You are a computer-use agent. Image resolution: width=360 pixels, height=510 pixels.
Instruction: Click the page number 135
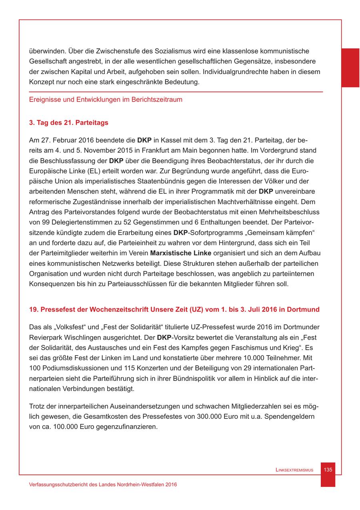point(328,470)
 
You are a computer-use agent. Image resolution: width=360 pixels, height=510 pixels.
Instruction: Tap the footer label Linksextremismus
point(294,470)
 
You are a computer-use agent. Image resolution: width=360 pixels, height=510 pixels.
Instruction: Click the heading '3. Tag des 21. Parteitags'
point(69,123)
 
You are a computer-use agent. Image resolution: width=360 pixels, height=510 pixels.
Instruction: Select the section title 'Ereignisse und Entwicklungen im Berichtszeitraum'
point(106,100)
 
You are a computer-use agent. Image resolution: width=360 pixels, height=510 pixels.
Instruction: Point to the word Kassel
point(164,140)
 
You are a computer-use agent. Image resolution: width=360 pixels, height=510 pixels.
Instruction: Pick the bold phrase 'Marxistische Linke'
point(180,253)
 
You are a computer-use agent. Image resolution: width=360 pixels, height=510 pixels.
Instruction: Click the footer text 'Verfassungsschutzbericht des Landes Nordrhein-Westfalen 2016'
point(103,484)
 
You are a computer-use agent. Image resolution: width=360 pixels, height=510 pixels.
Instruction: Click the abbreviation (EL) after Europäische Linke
point(85,171)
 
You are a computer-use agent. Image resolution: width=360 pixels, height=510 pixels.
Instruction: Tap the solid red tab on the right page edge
point(350,68)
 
